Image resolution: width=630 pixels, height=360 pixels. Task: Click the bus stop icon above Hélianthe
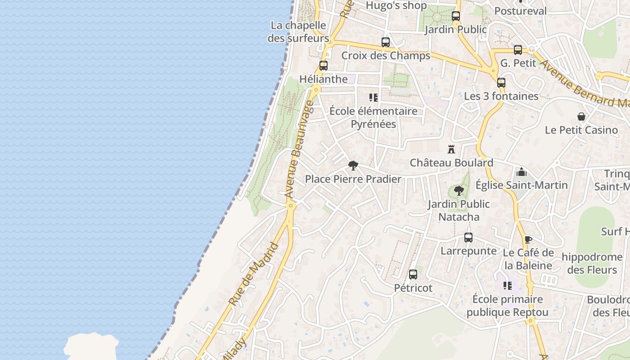(323, 66)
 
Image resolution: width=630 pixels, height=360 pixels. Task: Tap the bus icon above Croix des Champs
(386, 42)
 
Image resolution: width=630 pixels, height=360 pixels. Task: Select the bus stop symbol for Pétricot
(413, 274)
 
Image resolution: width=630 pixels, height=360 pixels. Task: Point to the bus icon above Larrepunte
(468, 238)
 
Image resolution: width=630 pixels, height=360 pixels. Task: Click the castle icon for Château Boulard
(451, 149)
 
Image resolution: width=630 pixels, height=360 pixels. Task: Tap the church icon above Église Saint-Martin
(522, 172)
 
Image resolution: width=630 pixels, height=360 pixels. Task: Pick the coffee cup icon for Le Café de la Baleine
(528, 239)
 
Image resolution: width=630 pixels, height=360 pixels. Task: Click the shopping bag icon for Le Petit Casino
(581, 117)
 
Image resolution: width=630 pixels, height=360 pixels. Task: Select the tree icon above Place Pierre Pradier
(353, 166)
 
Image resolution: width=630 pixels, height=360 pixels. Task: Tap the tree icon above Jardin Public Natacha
(459, 191)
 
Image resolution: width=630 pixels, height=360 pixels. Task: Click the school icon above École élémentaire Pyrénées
(373, 98)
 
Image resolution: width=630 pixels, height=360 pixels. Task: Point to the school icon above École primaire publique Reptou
(508, 286)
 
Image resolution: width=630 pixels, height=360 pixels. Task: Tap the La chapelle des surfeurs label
(298, 31)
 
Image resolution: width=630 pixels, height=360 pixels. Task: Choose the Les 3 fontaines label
(501, 96)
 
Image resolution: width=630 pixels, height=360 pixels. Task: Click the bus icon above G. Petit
(518, 50)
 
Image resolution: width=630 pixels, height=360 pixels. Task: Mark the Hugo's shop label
(396, 5)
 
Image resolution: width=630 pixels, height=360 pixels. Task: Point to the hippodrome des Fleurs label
(592, 263)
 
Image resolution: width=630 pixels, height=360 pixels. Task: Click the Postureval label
(520, 11)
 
